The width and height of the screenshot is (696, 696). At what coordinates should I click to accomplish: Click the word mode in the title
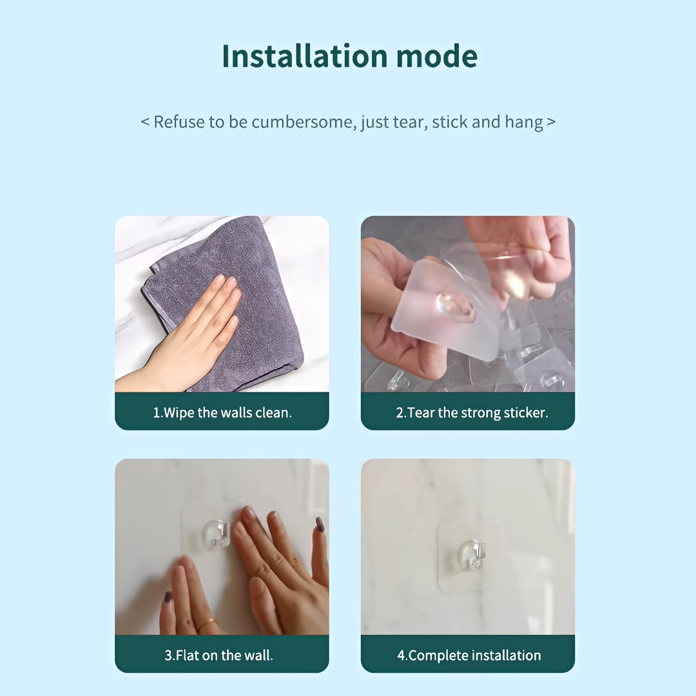pyautogui.click(x=437, y=56)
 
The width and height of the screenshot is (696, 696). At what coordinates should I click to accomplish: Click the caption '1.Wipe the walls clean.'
pyautogui.click(x=222, y=413)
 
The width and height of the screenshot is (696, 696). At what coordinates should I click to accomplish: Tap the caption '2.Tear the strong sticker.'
pyautogui.click(x=472, y=413)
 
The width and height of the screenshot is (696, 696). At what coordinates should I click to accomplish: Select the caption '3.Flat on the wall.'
pyautogui.click(x=219, y=655)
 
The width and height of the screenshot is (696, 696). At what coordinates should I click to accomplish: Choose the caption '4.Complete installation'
pyautogui.click(x=469, y=655)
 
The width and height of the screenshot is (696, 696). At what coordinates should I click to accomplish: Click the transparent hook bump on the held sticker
pyautogui.click(x=455, y=306)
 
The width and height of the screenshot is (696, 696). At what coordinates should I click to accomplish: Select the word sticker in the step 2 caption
pyautogui.click(x=526, y=413)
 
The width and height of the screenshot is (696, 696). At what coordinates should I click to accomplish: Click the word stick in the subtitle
pyautogui.click(x=450, y=122)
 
